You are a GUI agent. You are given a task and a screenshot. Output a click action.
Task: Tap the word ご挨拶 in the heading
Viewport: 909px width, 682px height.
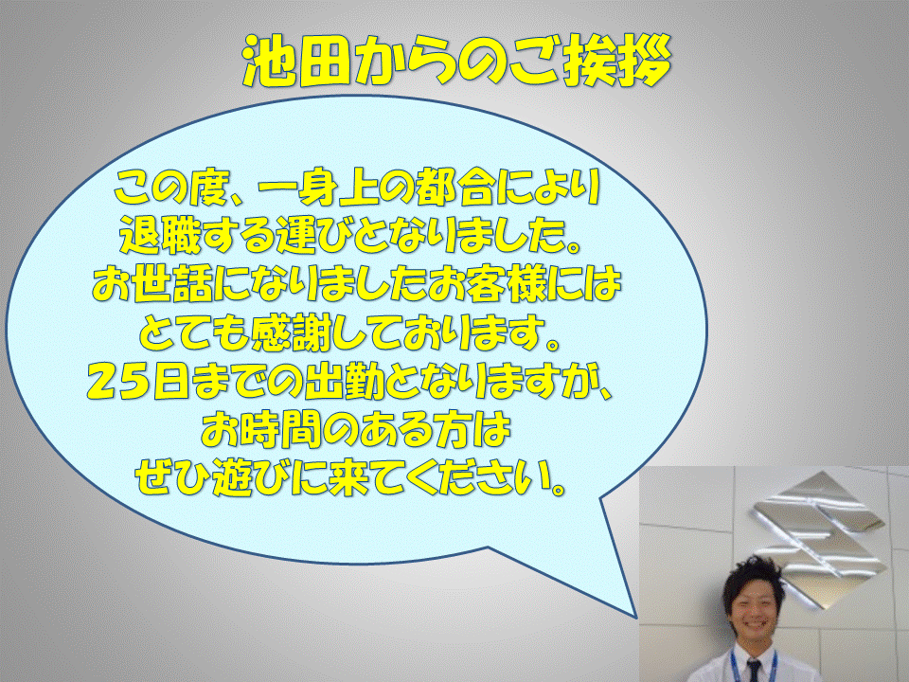click(590, 63)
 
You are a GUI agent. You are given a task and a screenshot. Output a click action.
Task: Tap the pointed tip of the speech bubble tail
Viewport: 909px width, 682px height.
click(636, 617)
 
